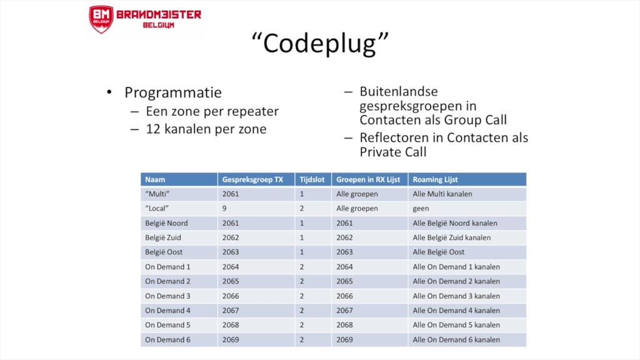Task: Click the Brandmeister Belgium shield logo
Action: [x=101, y=19]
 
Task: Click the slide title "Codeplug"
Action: [x=319, y=43]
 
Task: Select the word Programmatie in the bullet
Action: [x=173, y=92]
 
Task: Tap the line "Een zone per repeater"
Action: [x=212, y=112]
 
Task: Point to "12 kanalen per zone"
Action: [x=206, y=129]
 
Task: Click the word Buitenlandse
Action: [x=398, y=92]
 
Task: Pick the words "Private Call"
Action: [x=392, y=152]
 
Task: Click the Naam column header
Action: [x=155, y=179]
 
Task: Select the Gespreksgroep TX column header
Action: [x=252, y=179]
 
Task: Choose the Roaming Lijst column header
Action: [x=435, y=179]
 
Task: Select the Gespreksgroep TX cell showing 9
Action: [x=224, y=209]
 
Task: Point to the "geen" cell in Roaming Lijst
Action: [x=421, y=209]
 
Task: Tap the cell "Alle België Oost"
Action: [x=438, y=252]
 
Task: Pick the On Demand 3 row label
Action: [x=167, y=296]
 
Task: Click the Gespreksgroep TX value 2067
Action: [x=231, y=311]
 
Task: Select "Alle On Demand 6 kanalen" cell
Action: [x=456, y=340]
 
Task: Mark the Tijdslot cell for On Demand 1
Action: [x=301, y=267]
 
